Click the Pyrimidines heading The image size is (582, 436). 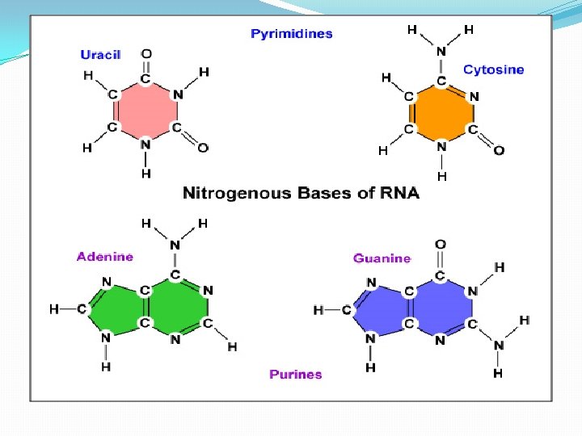point(291,34)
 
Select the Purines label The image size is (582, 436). point(295,374)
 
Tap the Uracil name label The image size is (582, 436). point(100,55)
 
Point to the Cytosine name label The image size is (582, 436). point(493,69)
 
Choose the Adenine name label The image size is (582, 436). point(105,257)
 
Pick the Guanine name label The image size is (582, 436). point(382,258)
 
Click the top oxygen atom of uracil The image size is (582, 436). point(146,55)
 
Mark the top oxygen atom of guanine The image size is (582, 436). point(440,244)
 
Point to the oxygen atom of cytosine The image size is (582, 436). point(499,150)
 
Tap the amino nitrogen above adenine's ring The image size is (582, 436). point(175,245)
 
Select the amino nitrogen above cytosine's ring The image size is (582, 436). point(441,52)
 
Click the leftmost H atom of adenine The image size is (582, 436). point(54,308)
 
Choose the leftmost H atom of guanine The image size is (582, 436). point(318,310)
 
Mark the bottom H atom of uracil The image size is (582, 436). point(145,173)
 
